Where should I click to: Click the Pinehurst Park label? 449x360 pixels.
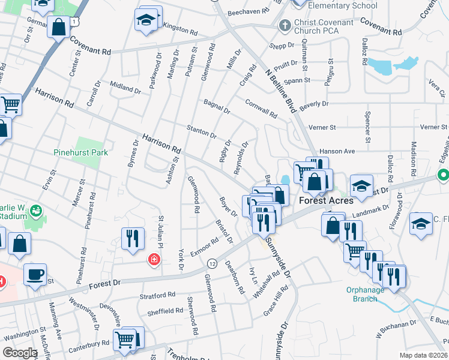(80, 152)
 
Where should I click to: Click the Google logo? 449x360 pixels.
(20, 353)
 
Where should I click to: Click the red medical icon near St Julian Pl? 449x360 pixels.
(154, 259)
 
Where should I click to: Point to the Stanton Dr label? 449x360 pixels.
(201, 131)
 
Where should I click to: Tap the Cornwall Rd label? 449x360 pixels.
(261, 108)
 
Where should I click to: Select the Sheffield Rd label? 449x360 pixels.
(166, 311)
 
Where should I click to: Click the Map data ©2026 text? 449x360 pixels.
(423, 355)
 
